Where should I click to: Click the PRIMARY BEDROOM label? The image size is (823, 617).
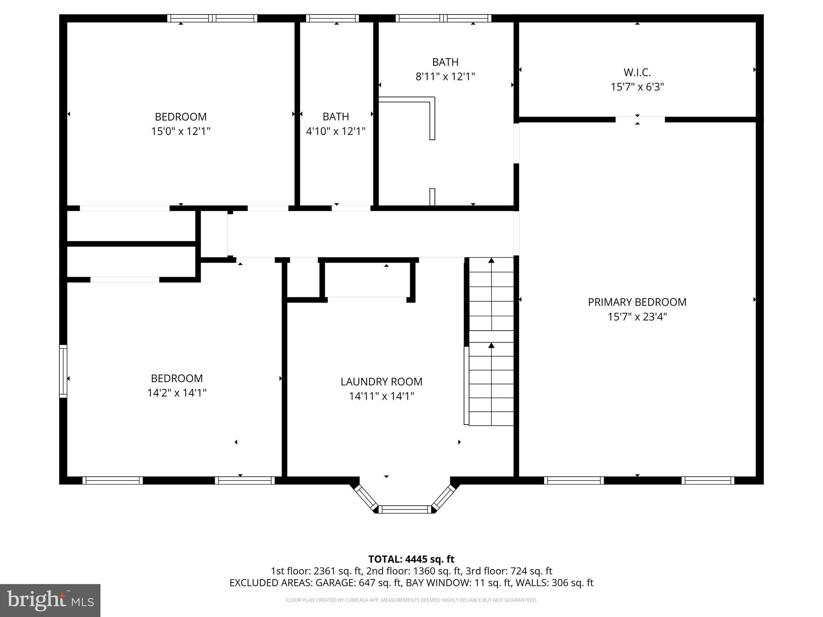[637, 302]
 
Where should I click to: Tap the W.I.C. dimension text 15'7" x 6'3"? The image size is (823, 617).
[637, 87]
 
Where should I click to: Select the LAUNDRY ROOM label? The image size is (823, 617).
[381, 382]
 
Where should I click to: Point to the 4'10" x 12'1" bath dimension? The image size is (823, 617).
[336, 131]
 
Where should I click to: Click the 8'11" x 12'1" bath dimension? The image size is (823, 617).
[445, 77]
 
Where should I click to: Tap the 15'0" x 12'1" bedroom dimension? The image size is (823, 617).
[180, 131]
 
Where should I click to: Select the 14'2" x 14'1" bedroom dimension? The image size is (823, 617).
[177, 393]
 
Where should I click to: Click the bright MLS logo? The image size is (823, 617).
[50, 600]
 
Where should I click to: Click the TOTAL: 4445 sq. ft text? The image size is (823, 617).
[411, 559]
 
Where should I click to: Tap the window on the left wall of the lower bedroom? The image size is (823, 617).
[63, 371]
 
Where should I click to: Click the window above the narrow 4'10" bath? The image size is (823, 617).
[332, 18]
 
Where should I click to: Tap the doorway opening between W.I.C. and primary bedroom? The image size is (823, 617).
[640, 119]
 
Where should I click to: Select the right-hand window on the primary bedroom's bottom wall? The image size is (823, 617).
[708, 480]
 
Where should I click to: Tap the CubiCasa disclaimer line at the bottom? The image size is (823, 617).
[411, 600]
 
